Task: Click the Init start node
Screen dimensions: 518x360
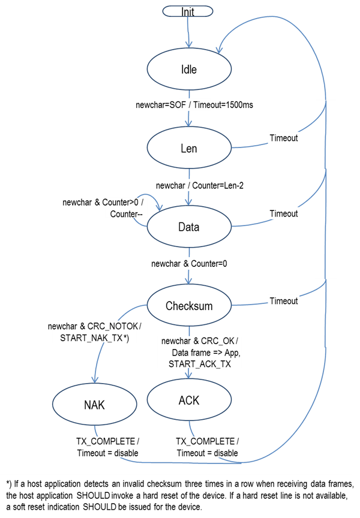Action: (x=188, y=11)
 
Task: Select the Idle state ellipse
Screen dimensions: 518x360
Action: (x=189, y=70)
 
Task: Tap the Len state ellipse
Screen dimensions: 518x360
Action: (x=189, y=149)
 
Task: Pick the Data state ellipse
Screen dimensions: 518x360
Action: (x=189, y=227)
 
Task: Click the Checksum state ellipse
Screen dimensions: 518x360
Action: (x=189, y=306)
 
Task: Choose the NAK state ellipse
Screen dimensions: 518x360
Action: (x=94, y=405)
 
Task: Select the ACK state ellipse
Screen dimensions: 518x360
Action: (x=189, y=400)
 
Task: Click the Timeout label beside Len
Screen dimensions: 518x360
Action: (x=283, y=138)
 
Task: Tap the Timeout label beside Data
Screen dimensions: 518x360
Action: (x=283, y=213)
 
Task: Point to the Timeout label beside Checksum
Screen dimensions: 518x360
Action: (x=283, y=301)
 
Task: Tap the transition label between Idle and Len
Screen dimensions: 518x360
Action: (x=193, y=105)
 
